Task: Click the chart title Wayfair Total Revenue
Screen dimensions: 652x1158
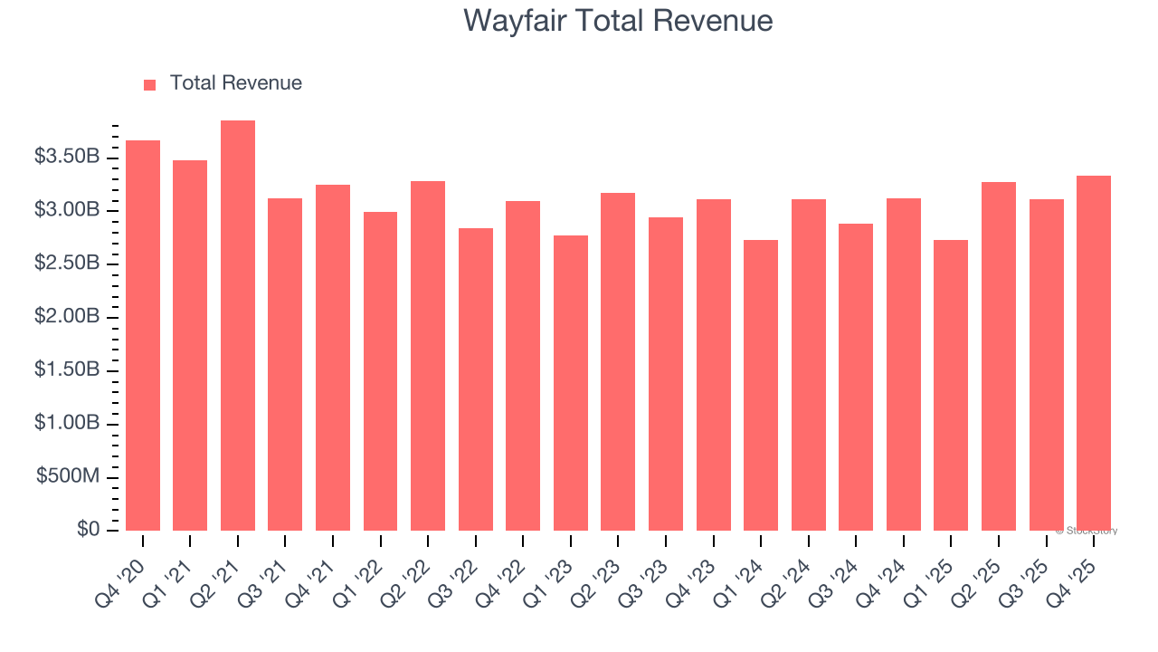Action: point(618,21)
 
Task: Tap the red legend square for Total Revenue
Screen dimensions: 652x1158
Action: point(150,84)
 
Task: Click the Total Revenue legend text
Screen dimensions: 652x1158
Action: point(235,83)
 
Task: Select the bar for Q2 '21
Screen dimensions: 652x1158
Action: point(237,326)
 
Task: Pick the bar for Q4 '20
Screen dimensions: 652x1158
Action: point(143,335)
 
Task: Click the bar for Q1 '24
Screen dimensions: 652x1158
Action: point(761,385)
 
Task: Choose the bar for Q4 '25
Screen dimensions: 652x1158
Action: point(1093,353)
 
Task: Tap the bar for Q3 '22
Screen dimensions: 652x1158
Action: point(476,379)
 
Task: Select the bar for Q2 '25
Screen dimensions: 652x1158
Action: point(999,356)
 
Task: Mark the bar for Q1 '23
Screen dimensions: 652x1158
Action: point(571,382)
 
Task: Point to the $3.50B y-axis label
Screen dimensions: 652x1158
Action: point(67,157)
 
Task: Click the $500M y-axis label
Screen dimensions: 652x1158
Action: point(68,476)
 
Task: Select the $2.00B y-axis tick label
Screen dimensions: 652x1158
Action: point(67,317)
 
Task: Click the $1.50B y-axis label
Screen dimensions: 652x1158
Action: point(67,369)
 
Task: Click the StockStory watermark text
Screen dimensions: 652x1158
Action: point(1086,531)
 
